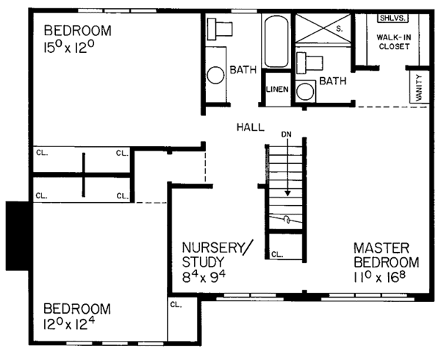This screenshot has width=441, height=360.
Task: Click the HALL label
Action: (250, 127)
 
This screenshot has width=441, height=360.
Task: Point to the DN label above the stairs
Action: (287, 135)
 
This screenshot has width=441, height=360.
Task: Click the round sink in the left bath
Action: (215, 75)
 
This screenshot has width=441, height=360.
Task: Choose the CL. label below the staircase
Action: (277, 253)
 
